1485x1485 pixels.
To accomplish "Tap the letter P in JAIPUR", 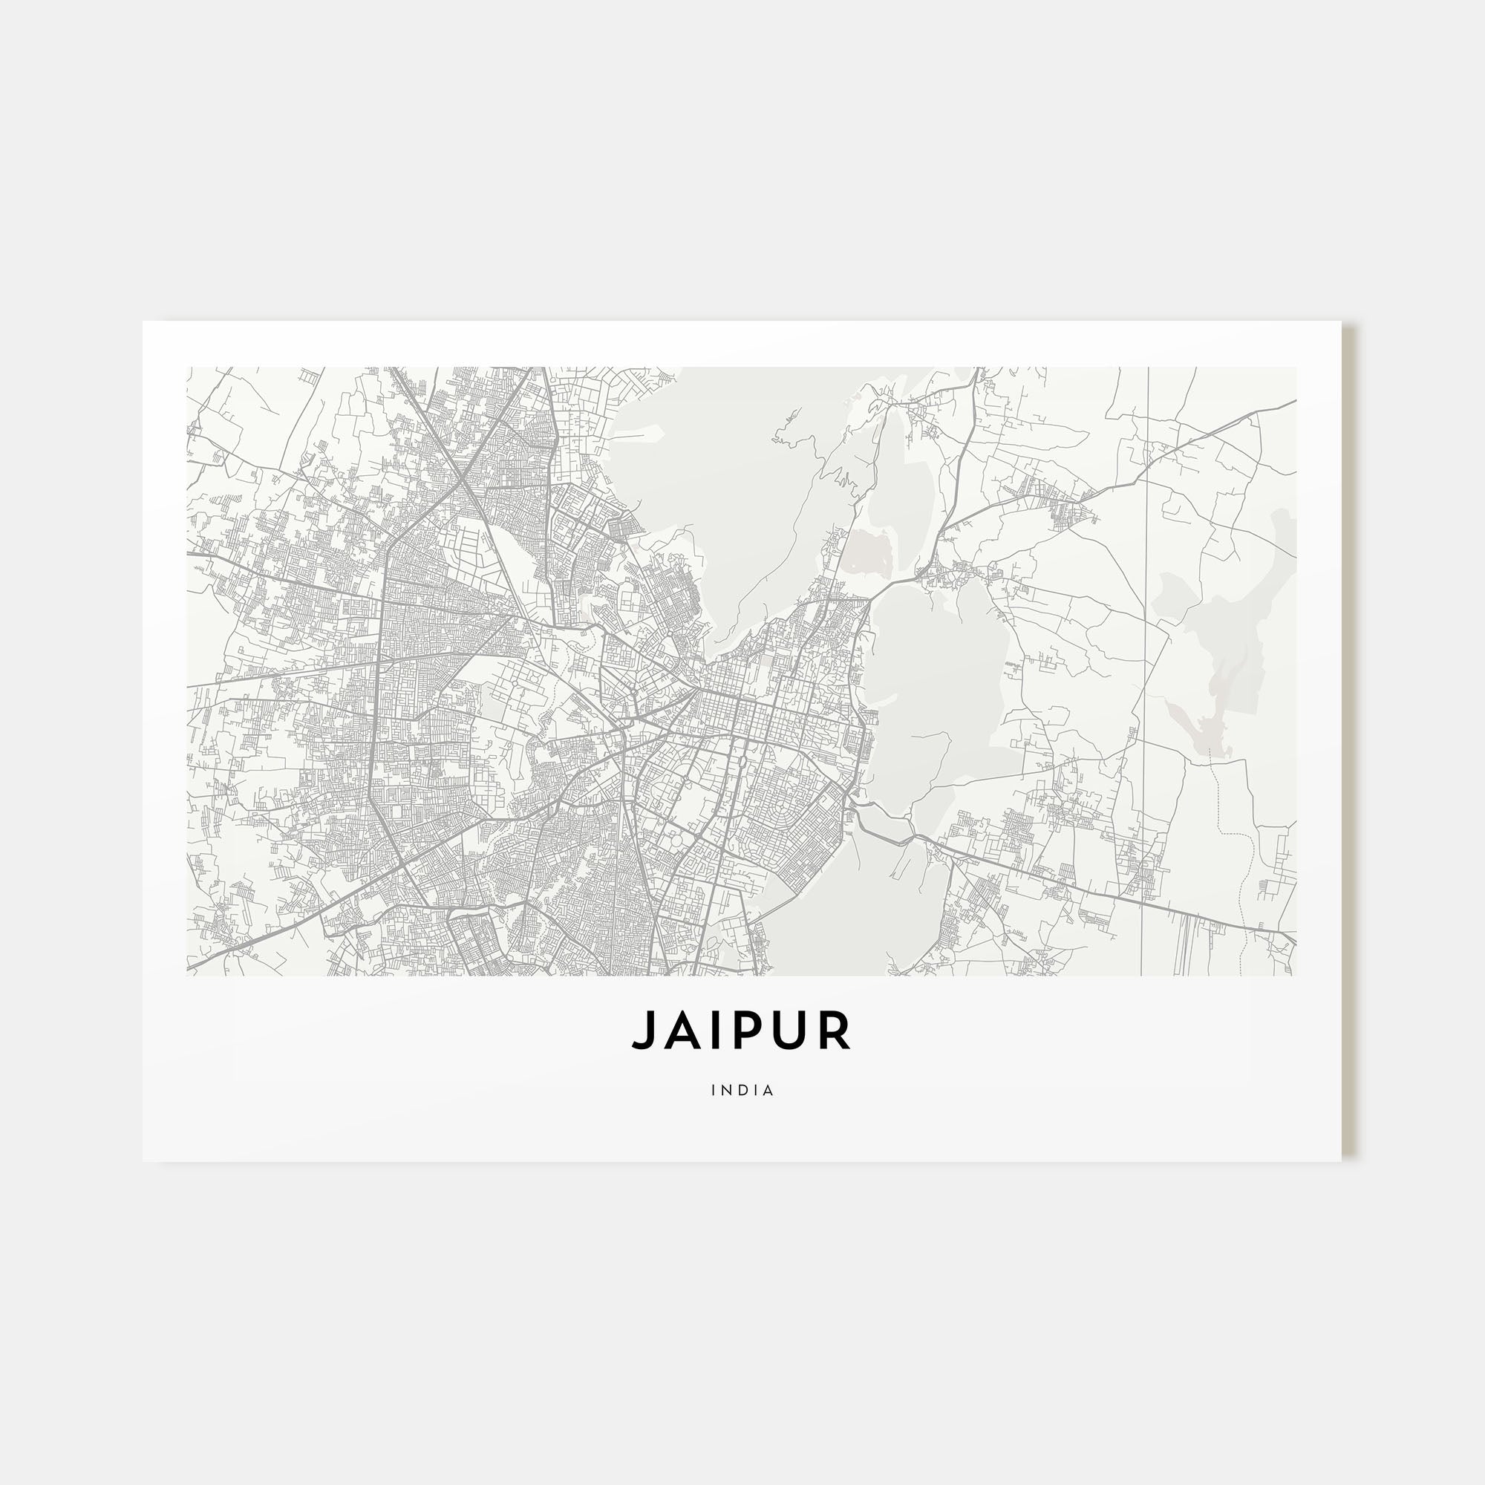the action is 757,1030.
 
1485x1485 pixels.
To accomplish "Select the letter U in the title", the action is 797,1030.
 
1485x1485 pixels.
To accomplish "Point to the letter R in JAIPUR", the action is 838,1030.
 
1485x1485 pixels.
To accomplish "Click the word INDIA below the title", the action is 742,1090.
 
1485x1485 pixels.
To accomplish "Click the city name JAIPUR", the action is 742,1030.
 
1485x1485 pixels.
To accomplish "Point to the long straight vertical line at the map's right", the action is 1148,615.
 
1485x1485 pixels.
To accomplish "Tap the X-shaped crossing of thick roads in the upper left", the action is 464,483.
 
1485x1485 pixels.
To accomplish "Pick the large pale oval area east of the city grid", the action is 934,692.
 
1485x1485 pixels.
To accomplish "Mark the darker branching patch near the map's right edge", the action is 1222,653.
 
